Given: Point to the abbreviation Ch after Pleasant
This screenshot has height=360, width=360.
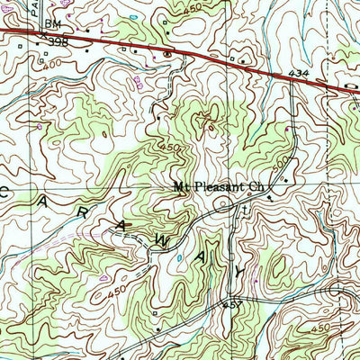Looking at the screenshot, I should pyautogui.click(x=257, y=189).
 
